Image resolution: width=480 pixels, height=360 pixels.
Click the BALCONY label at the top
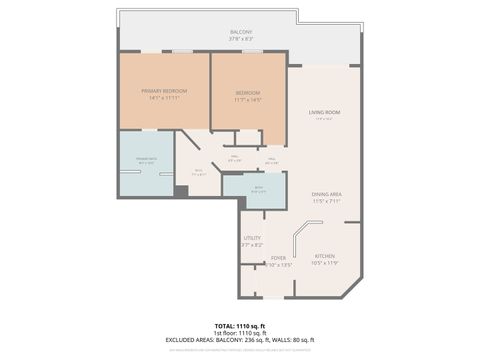pos(240,32)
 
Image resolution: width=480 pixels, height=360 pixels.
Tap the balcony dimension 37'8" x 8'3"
pos(240,39)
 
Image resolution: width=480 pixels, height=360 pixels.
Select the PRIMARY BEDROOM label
pos(165,91)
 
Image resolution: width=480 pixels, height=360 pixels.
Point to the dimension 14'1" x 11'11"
pos(165,98)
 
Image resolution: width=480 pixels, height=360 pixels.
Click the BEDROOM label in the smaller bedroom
pos(248,91)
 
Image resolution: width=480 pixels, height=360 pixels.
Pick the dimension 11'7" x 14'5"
pos(248,98)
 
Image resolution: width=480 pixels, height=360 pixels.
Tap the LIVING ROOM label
pos(325,112)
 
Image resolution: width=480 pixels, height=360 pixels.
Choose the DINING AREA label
pos(325,194)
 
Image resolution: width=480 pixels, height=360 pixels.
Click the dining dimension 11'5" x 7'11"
pos(325,201)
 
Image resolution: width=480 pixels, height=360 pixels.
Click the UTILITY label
pos(252,238)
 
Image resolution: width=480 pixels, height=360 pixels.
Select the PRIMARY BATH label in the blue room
pos(145,157)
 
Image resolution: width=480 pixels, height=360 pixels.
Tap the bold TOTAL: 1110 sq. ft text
pos(240,327)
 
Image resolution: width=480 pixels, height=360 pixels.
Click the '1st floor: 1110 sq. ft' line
pos(240,334)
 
